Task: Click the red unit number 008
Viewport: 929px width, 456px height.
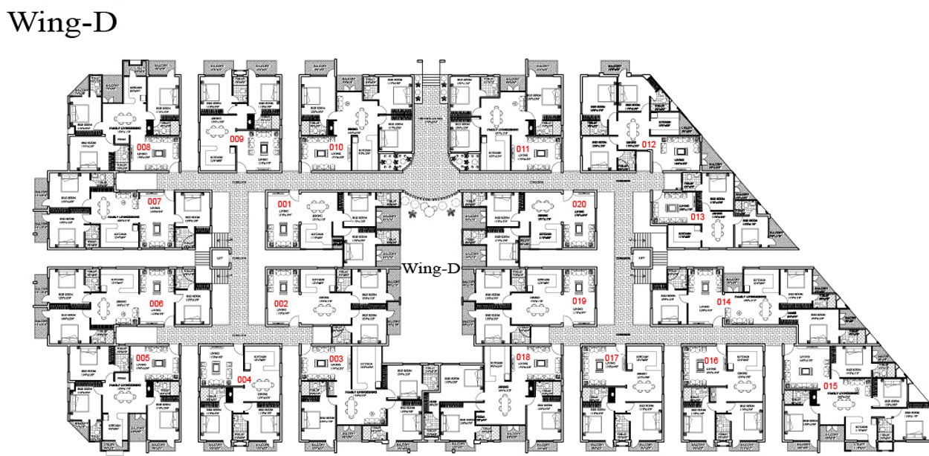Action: click(143, 147)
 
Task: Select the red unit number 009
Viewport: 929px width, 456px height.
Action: click(236, 138)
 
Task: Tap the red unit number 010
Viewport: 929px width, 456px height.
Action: click(336, 147)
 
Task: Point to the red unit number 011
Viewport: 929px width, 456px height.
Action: click(523, 148)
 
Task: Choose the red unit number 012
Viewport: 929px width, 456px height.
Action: click(649, 144)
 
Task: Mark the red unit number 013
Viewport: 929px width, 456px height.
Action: click(697, 216)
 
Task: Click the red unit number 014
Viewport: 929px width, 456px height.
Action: click(723, 301)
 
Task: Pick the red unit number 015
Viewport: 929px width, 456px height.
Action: click(831, 385)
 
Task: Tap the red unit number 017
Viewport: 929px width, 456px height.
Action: click(612, 359)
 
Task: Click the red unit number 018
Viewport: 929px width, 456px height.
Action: click(523, 358)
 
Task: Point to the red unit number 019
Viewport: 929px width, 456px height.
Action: click(578, 302)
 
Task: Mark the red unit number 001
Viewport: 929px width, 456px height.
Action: click(283, 204)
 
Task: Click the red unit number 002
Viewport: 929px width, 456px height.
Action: click(282, 304)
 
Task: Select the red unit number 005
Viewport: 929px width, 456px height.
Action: click(143, 358)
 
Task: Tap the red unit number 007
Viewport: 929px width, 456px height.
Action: click(155, 202)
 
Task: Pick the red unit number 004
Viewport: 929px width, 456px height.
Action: click(244, 379)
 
